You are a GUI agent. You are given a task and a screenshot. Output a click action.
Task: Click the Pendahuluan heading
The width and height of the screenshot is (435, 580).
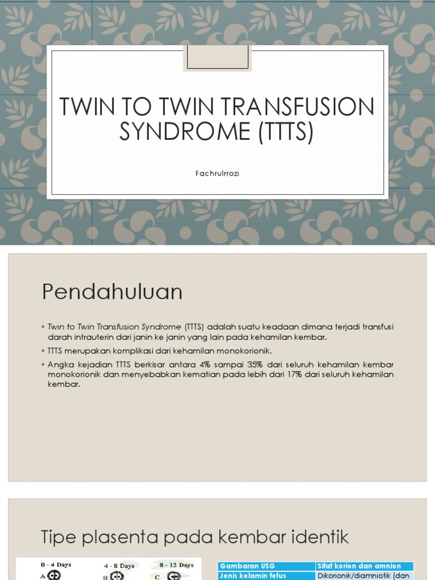point(112,292)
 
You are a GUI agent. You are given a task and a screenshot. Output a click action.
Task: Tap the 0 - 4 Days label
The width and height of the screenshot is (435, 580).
point(56,565)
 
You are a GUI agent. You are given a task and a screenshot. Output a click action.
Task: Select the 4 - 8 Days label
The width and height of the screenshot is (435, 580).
point(119,566)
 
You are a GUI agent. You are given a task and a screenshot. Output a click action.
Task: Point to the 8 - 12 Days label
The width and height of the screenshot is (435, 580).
point(177,565)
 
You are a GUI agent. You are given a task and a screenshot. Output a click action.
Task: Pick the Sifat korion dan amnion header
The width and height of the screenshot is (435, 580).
point(359,566)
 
